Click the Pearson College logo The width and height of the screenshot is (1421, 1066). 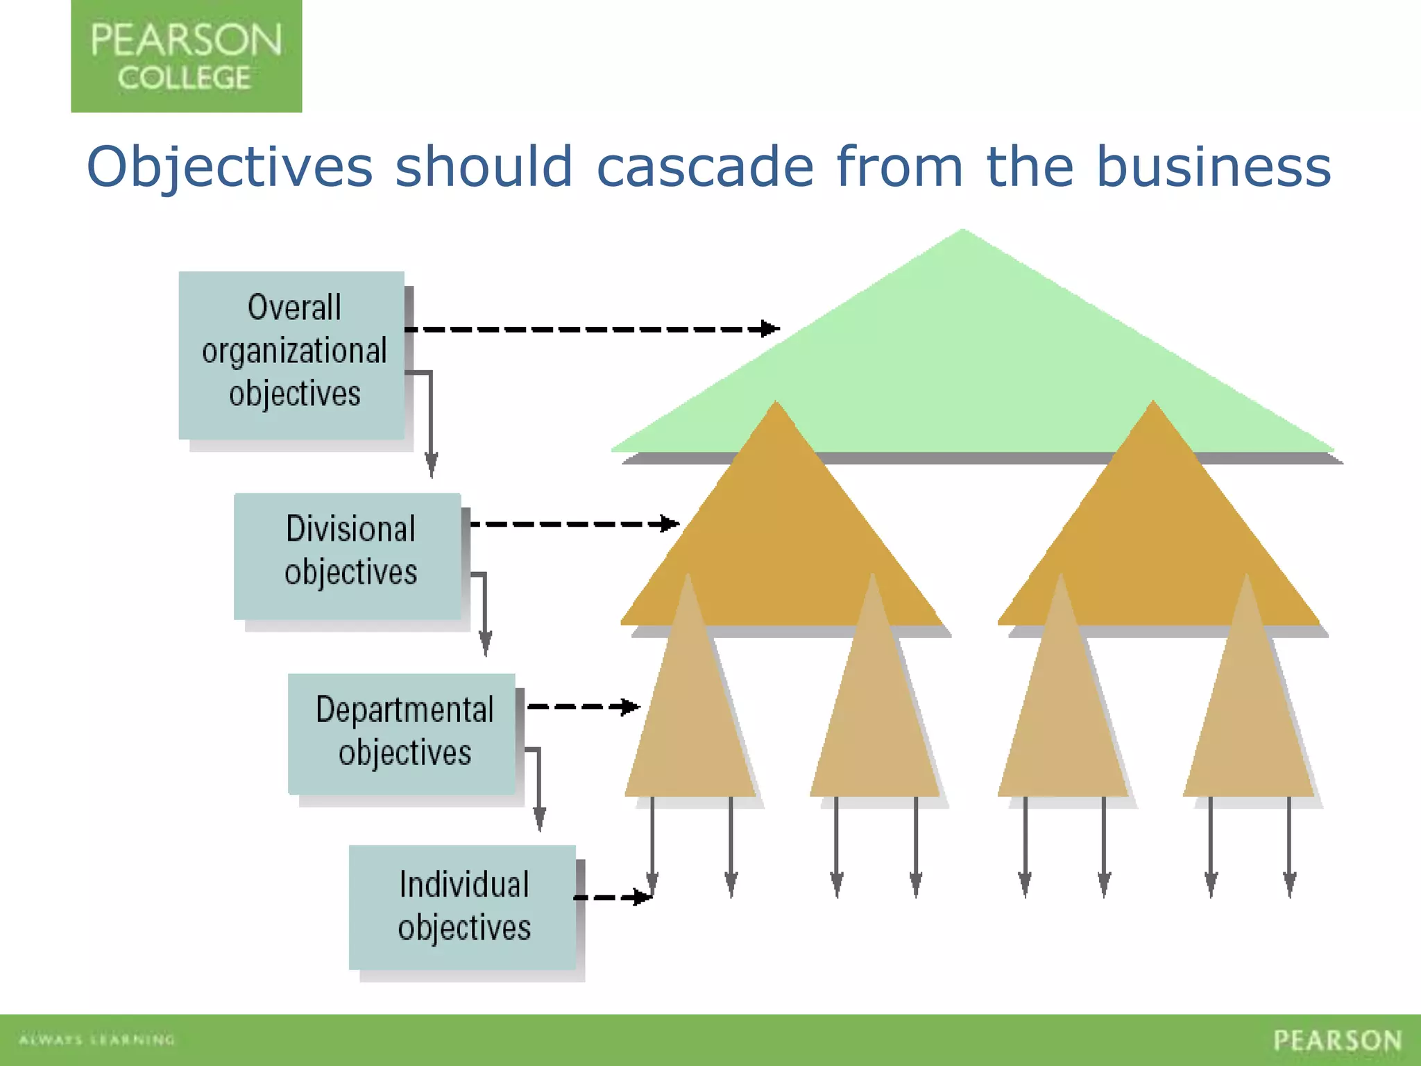point(186,56)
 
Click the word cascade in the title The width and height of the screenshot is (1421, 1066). point(704,167)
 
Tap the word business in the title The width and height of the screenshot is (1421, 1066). point(1214,167)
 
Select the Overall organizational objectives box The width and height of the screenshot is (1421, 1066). point(291,355)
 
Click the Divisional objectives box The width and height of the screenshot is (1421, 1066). point(348,556)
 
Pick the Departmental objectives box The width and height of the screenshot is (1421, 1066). point(402,734)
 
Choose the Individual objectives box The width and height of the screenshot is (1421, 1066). point(463,906)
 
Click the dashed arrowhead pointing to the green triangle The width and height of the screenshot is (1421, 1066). point(769,328)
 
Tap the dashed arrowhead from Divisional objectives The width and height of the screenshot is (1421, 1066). point(670,523)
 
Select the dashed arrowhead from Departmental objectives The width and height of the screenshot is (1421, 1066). point(630,707)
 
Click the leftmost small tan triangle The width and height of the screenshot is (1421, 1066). point(690,722)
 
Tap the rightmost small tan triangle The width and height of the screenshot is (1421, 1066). point(1248,722)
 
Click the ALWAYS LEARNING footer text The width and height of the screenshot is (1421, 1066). point(97,1040)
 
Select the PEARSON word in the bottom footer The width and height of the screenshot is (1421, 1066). point(1337,1040)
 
